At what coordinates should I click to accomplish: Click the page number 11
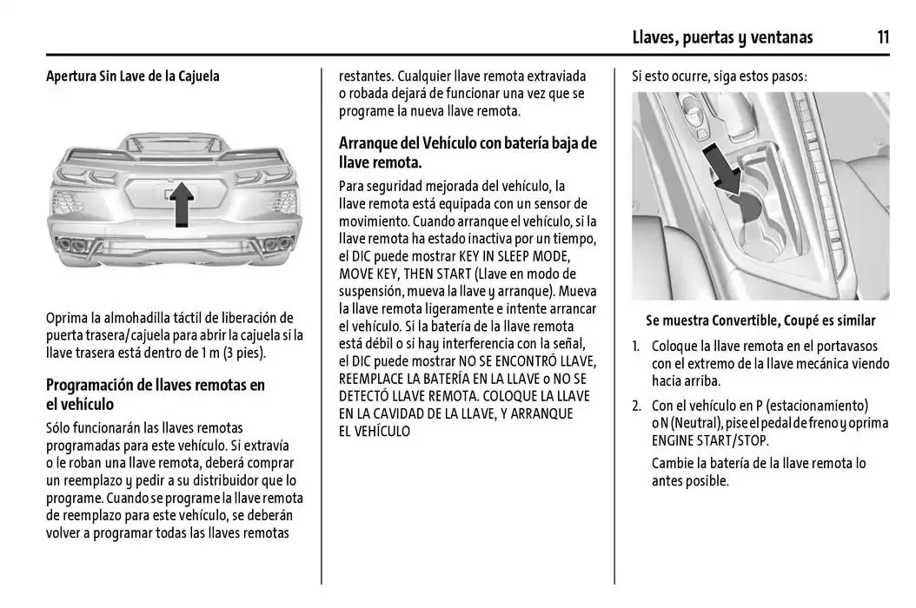[882, 36]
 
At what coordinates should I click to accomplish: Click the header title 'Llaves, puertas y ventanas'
[722, 36]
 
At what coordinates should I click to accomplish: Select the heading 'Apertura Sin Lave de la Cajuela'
[133, 76]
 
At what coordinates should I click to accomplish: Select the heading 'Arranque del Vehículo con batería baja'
[468, 152]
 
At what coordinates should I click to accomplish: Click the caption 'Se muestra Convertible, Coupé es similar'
[760, 321]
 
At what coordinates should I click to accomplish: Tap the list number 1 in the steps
[635, 346]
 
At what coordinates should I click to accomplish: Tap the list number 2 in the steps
[636, 406]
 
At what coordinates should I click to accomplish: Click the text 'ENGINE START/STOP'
[708, 440]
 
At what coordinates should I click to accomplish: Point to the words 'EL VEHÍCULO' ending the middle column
[374, 431]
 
